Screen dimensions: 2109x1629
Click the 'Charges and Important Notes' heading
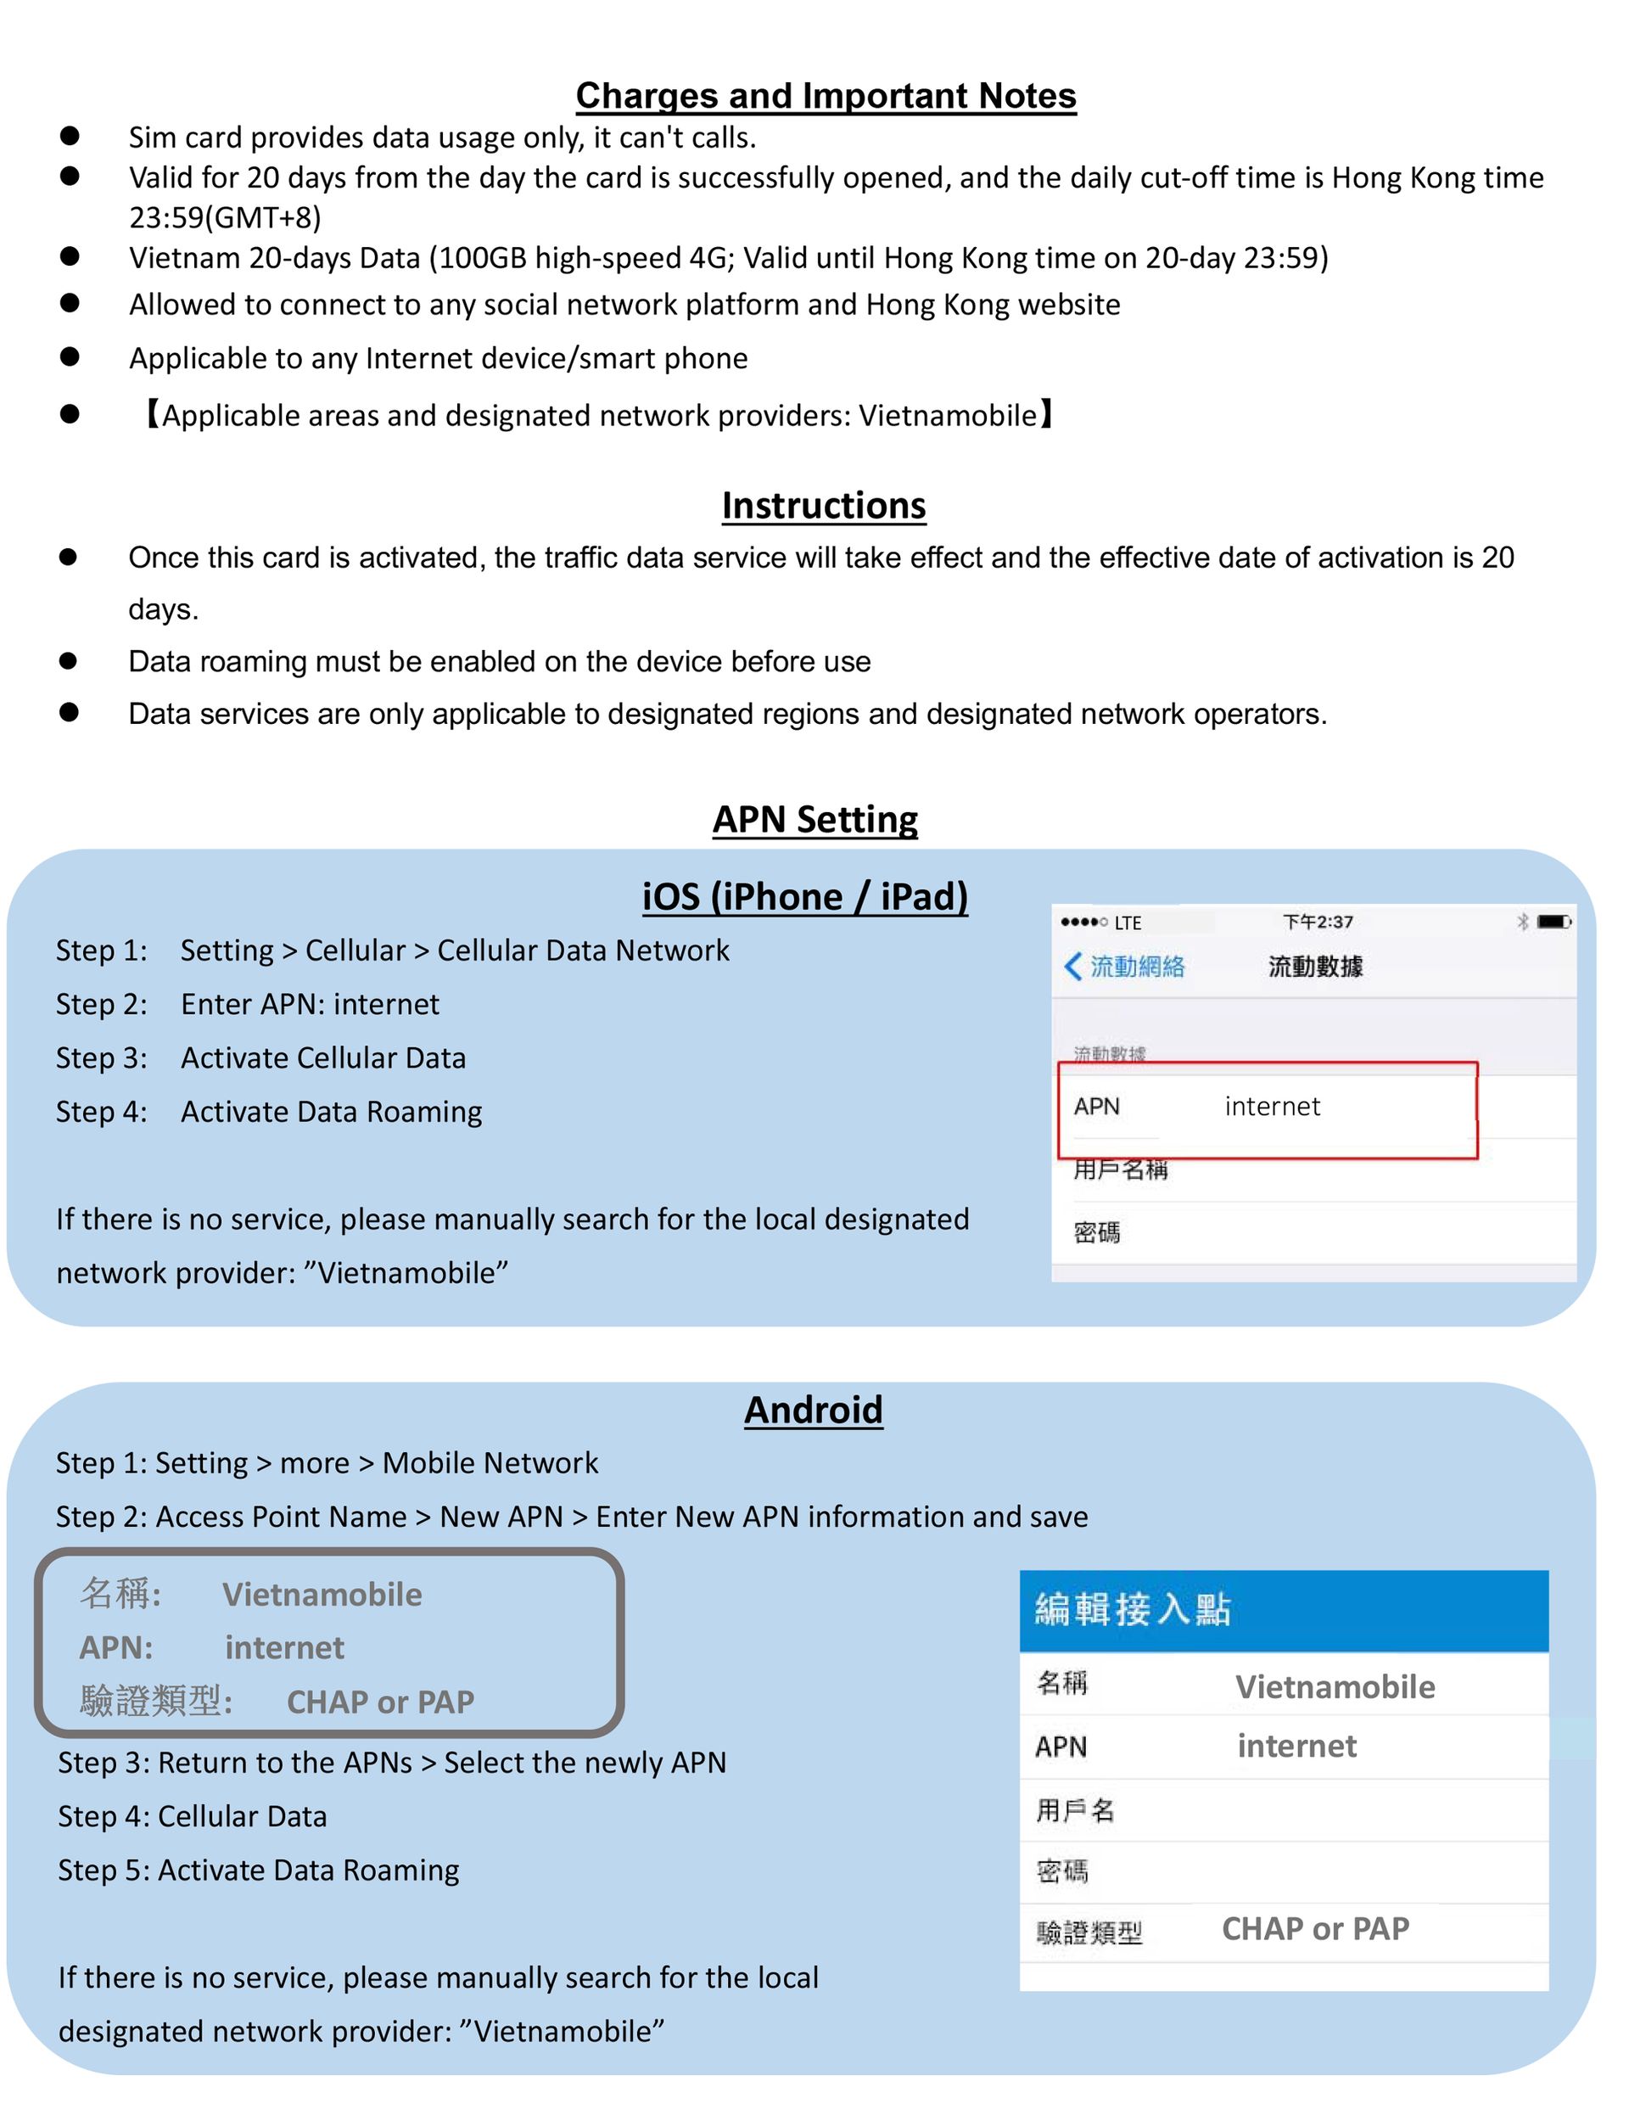826,96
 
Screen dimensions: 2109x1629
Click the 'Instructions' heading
824,505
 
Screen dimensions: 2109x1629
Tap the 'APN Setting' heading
815,819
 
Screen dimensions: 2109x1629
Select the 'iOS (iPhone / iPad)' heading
804,896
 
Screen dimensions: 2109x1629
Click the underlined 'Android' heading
813,1409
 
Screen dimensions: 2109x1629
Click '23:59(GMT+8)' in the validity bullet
225,217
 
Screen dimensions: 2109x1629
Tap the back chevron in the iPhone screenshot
1072,966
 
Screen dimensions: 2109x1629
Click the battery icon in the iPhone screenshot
1553,921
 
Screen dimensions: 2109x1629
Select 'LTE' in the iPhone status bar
1128,923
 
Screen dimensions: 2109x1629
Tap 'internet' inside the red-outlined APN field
1272,1107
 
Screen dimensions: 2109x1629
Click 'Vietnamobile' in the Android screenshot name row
1335,1686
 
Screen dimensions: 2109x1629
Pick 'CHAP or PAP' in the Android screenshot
1315,1928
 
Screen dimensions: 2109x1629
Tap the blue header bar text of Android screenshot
1133,1609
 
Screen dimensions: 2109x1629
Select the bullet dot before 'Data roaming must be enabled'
69,660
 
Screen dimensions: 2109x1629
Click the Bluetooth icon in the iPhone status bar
1523,921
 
